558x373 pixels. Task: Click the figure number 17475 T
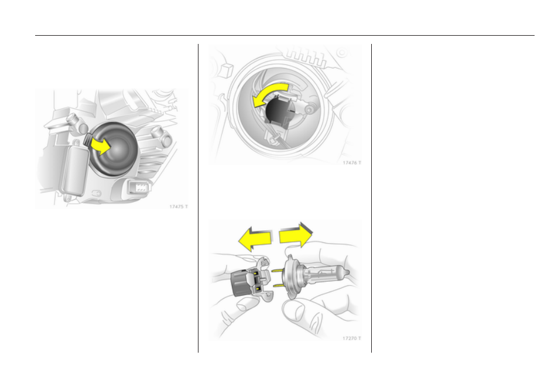[178, 207]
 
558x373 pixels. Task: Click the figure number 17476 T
[351, 163]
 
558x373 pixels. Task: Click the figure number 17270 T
[351, 338]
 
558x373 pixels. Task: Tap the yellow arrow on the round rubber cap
[101, 146]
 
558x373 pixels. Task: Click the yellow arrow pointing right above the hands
[296, 235]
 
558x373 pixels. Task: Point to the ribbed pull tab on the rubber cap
[88, 139]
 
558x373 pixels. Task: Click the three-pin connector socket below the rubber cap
[140, 187]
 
